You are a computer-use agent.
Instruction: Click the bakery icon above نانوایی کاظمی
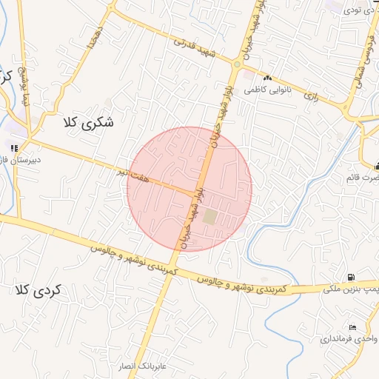click(267, 78)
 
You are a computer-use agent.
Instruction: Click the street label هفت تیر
click(132, 174)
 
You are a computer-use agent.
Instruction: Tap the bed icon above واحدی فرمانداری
click(352, 327)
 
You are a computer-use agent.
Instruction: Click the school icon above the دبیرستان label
click(14, 146)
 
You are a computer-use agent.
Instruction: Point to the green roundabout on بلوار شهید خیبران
click(237, 64)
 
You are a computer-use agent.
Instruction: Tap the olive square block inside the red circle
click(210, 217)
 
